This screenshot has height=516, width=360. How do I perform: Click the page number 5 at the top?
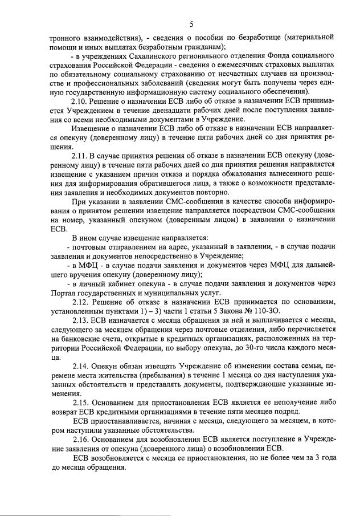[x=191, y=23]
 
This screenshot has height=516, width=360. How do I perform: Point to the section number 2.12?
[x=82, y=301]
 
